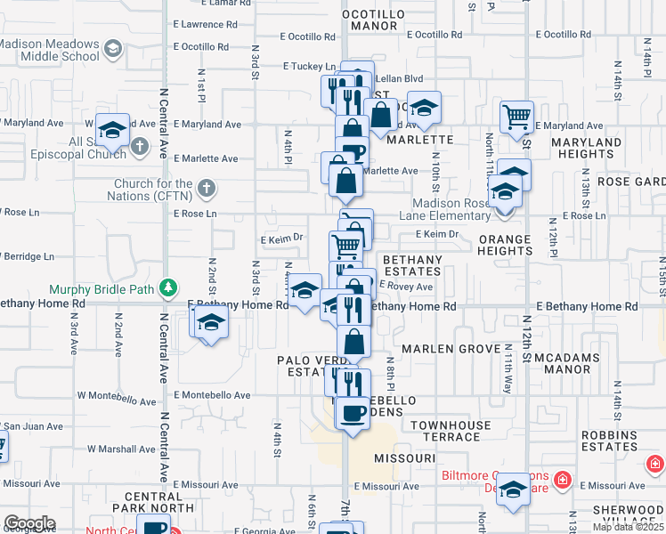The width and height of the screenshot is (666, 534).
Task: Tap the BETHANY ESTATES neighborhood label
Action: tap(411, 266)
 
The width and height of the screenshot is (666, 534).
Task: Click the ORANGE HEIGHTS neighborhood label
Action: tap(505, 245)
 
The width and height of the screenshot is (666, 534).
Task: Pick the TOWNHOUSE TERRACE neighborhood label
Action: tap(451, 431)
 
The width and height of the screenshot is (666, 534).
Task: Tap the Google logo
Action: tap(29, 522)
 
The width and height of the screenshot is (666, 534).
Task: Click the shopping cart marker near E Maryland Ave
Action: tap(516, 116)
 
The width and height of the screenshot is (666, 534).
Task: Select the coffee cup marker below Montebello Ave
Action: tap(353, 413)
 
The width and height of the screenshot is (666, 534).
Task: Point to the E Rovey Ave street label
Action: tap(406, 287)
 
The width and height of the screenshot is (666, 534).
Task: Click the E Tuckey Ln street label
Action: tap(309, 66)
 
